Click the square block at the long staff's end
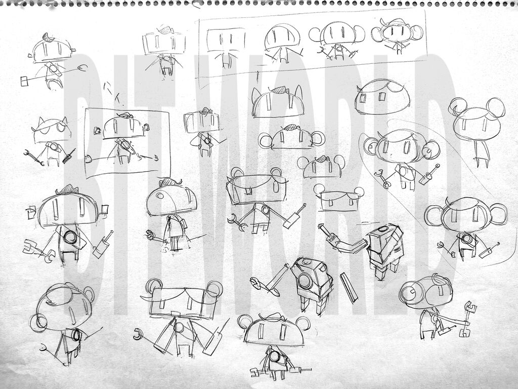tap(24, 81)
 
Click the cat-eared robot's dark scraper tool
tap(68, 156)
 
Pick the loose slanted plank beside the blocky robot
tap(349, 287)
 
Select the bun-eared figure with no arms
tap(477, 131)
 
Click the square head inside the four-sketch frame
tap(226, 46)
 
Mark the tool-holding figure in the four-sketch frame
tap(337, 42)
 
